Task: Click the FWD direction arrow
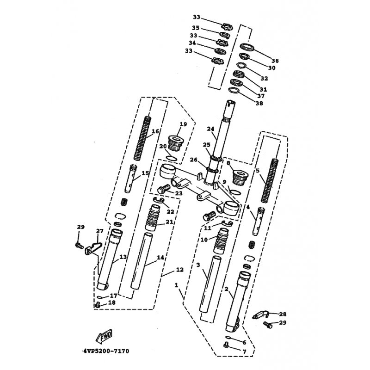click(x=104, y=336)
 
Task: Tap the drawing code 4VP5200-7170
click(x=106, y=351)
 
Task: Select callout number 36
click(x=275, y=61)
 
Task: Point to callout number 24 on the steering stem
click(x=211, y=129)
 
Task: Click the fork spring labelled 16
click(x=142, y=138)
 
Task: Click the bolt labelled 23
click(x=163, y=189)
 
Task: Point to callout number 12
click(x=180, y=270)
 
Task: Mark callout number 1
click(x=176, y=285)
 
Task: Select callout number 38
click(x=259, y=103)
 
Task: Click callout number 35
click(x=196, y=28)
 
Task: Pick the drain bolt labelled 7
click(x=226, y=345)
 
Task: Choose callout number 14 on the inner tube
click(x=160, y=257)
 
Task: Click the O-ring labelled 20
click(x=171, y=158)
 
